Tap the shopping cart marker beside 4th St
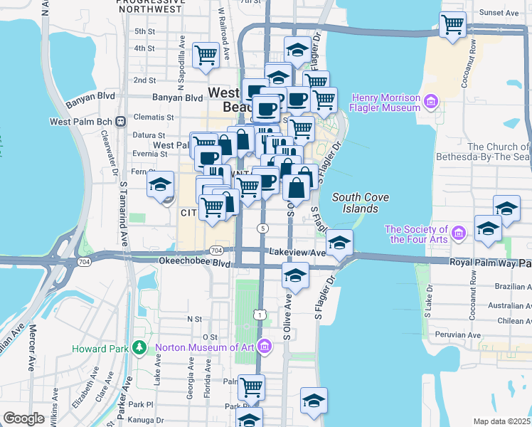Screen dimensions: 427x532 point(206,54)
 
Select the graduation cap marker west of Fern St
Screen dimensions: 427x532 point(160,186)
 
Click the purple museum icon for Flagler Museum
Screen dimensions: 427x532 point(430,102)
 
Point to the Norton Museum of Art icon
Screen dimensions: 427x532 point(264,347)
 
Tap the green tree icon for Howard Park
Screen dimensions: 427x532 point(140,348)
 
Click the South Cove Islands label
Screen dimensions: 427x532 point(355,203)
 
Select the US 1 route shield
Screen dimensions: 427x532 point(262,314)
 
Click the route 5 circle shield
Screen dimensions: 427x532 point(263,228)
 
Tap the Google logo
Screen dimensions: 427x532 point(23,418)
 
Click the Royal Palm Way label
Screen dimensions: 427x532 point(479,263)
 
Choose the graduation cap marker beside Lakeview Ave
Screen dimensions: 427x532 point(340,243)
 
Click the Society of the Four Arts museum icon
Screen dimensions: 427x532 point(459,233)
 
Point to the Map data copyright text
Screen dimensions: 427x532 point(501,421)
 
